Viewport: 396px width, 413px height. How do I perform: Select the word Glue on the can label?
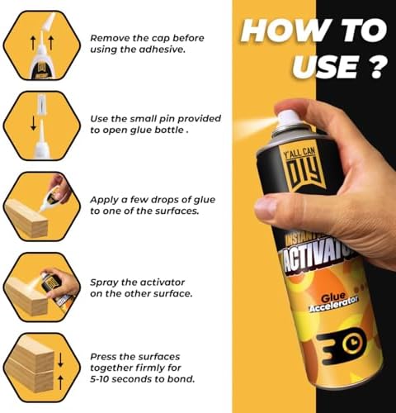coord(333,297)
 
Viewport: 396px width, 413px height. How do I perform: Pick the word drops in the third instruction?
coord(155,200)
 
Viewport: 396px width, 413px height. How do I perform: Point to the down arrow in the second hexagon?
coord(33,123)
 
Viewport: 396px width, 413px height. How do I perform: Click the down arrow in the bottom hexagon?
coord(60,360)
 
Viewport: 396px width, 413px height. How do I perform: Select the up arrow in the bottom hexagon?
coord(60,382)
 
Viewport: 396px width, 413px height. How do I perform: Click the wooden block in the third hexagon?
coord(26,218)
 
